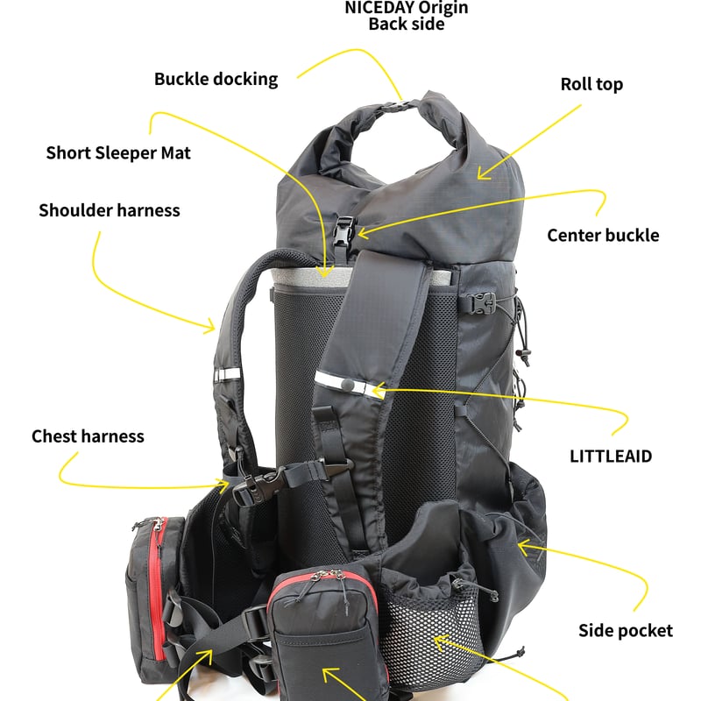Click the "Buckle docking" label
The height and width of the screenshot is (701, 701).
[x=216, y=79]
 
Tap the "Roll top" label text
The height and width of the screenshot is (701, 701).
[x=591, y=85]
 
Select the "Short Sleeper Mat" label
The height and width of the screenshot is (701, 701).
[x=118, y=153]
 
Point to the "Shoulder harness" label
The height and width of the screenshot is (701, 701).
[x=110, y=210]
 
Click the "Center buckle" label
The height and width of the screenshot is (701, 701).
[x=603, y=235]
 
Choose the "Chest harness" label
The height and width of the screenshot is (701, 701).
[x=88, y=435]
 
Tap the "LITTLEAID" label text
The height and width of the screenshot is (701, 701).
[x=611, y=457]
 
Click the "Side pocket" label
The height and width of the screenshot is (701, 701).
[x=626, y=630]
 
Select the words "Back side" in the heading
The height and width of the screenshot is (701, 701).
[x=407, y=25]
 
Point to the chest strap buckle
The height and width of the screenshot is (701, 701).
[x=263, y=483]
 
